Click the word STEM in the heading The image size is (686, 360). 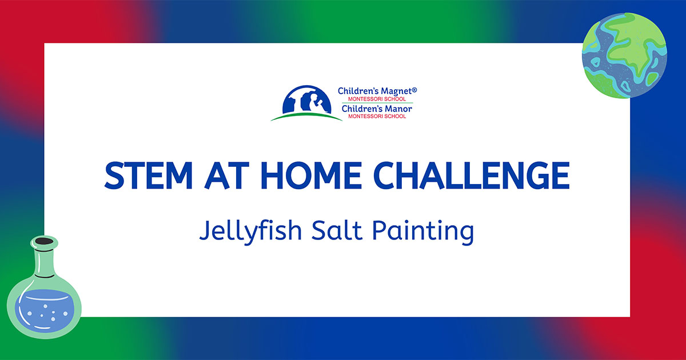coord(149,175)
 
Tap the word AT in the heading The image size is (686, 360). coord(226,175)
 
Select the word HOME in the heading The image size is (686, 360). coord(312,175)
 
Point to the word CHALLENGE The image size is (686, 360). coord(472,175)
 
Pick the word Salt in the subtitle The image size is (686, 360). coord(337,230)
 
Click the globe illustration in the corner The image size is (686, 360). coord(624,56)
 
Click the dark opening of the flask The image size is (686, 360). coord(44,242)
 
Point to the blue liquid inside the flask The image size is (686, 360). coord(45,311)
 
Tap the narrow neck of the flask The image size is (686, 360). coord(44,262)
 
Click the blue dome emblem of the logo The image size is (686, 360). coord(306,99)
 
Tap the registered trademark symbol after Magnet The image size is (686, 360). coord(414,90)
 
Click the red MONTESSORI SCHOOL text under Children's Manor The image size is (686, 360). coord(377,117)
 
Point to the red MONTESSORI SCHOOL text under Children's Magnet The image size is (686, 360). coord(377,99)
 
